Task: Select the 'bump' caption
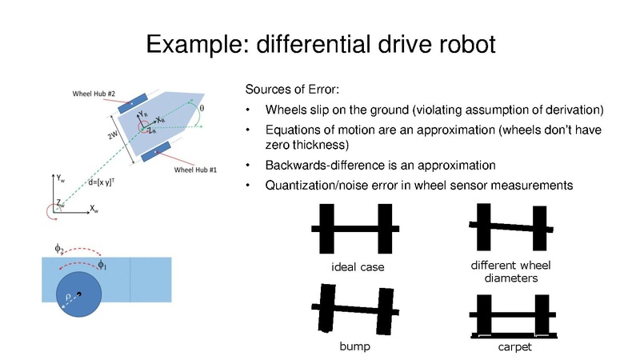coord(353,349)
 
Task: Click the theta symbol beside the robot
coord(202,107)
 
